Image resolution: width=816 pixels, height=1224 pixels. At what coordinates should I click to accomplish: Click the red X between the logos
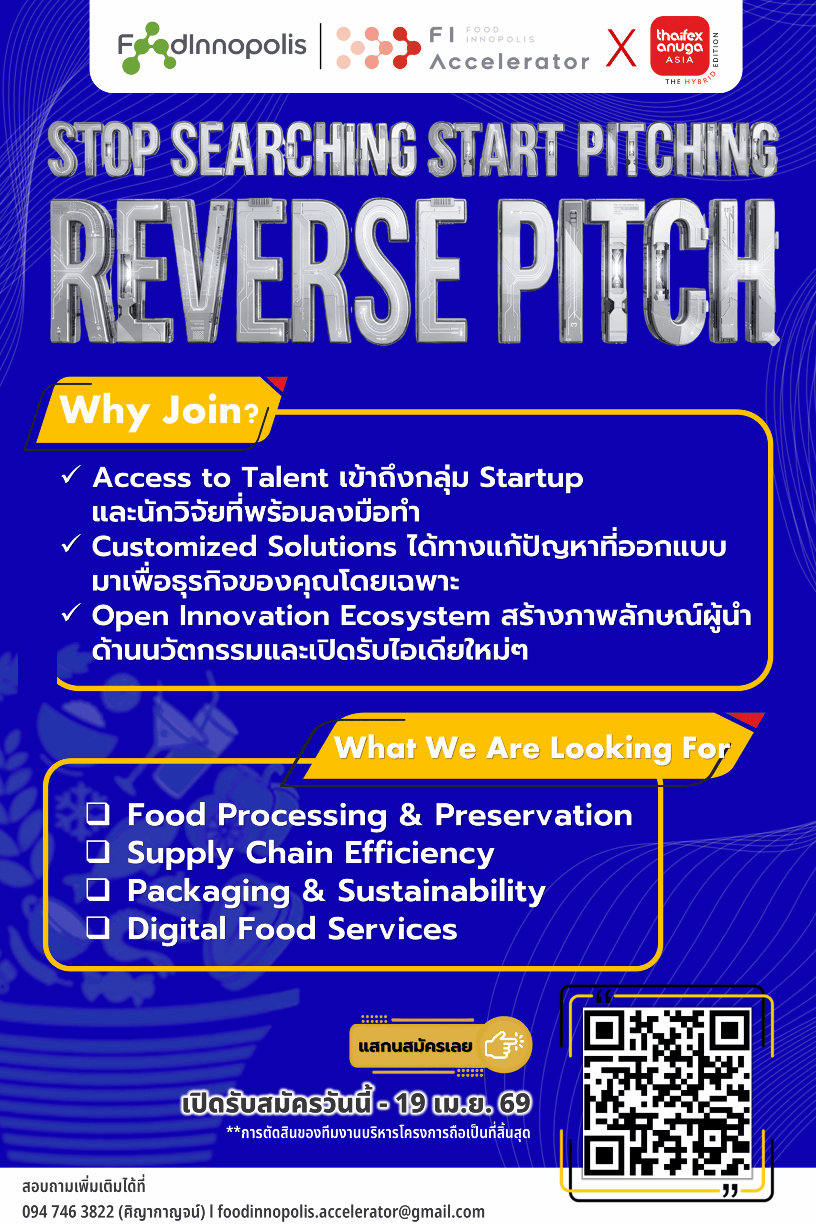click(621, 48)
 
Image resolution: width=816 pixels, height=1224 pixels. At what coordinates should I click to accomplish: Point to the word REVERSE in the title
click(258, 271)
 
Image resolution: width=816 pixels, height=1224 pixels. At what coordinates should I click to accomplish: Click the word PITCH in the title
click(638, 271)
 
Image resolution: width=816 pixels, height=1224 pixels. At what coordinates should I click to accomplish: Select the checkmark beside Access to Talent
click(71, 474)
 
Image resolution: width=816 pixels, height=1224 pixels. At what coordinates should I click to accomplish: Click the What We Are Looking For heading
click(533, 748)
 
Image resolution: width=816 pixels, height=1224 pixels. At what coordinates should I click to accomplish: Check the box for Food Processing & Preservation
click(98, 814)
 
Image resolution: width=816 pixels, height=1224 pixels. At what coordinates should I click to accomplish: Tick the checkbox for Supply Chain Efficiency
click(98, 852)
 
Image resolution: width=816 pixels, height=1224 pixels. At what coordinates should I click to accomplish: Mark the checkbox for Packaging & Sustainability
click(98, 890)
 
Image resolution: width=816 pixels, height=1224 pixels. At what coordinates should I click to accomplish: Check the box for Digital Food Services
click(98, 928)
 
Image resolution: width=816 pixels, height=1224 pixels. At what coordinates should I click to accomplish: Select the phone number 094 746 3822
click(68, 1211)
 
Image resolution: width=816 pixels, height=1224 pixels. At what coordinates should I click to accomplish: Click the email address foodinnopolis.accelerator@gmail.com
click(351, 1212)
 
